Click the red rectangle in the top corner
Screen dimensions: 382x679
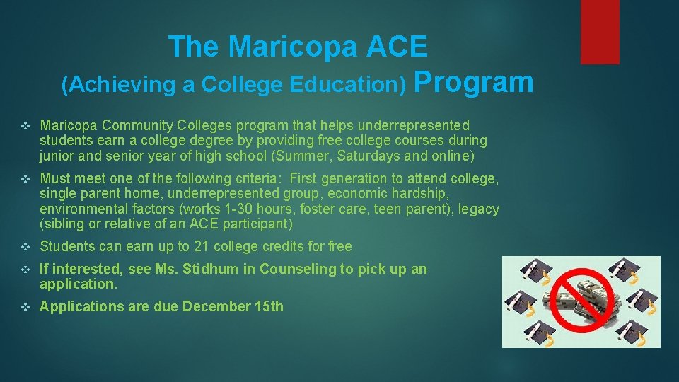pos(600,32)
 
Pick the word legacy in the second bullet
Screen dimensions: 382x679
pos(481,209)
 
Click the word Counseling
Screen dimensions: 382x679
pos(297,269)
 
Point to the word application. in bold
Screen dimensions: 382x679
pos(79,284)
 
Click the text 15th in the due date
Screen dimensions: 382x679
pos(269,306)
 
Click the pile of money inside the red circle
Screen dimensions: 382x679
pos(581,301)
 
